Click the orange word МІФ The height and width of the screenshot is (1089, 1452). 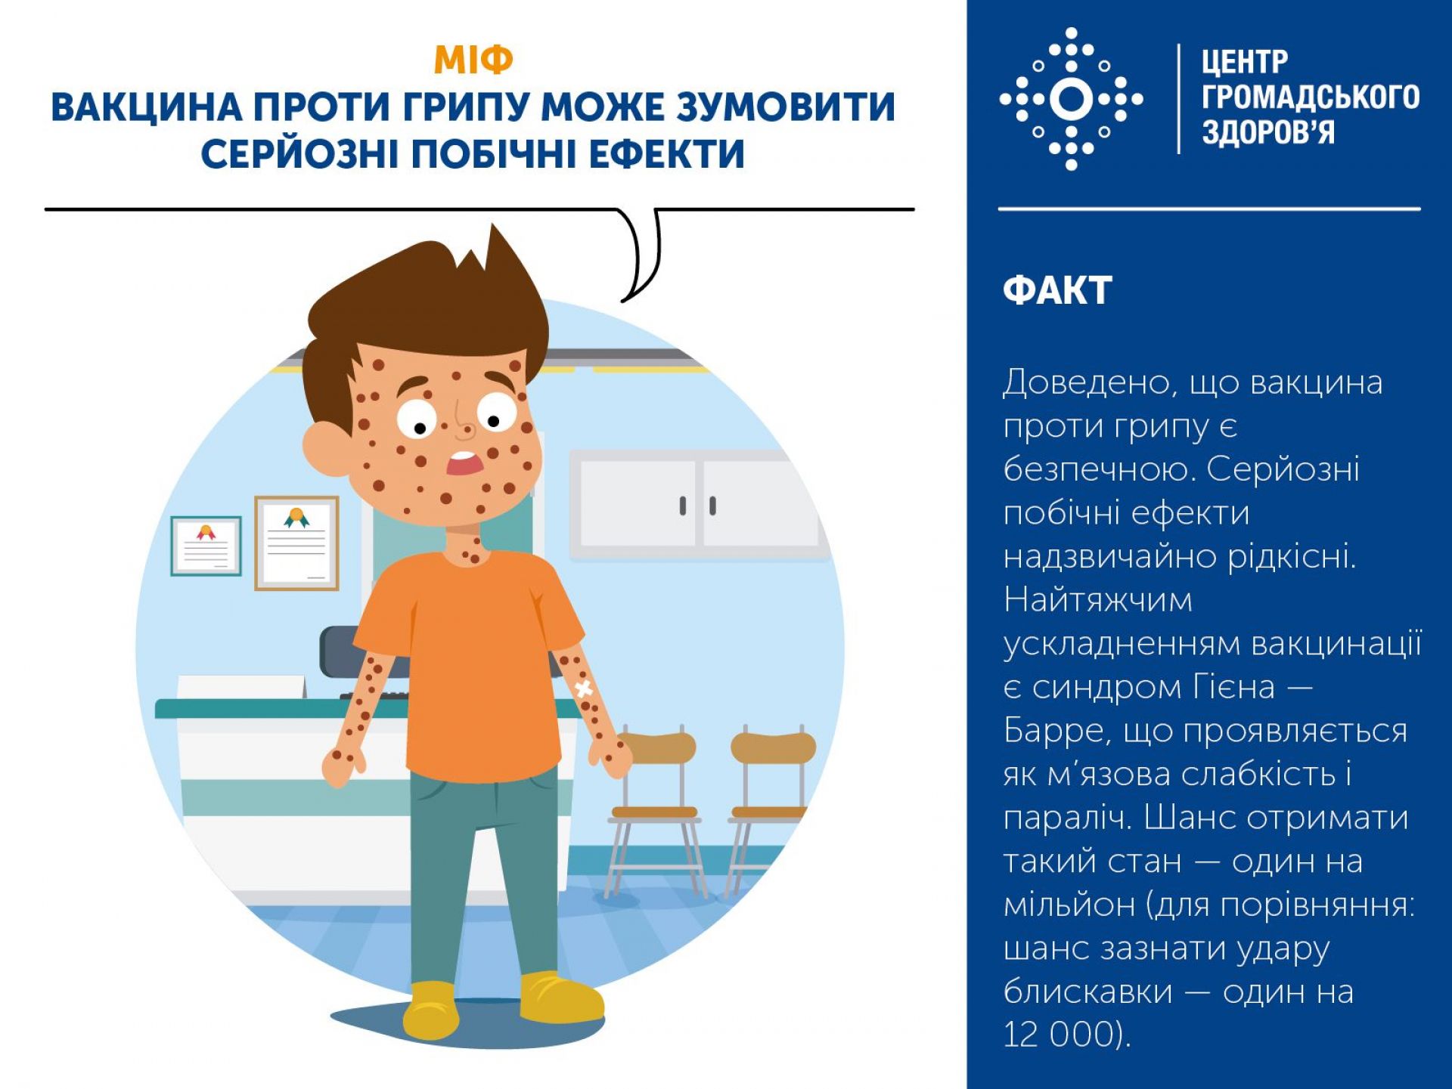pos(473,60)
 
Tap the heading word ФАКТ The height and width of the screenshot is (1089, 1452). pos(1057,290)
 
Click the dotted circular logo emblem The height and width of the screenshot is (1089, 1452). pos(1071,99)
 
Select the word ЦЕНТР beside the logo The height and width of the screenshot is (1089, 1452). pos(1245,61)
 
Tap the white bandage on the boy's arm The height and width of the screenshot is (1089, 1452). pos(583,688)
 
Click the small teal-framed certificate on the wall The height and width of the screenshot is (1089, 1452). pos(206,546)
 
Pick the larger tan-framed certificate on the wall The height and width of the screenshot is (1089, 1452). pos(296,543)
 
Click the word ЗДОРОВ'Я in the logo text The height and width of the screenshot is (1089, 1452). pos(1268,132)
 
